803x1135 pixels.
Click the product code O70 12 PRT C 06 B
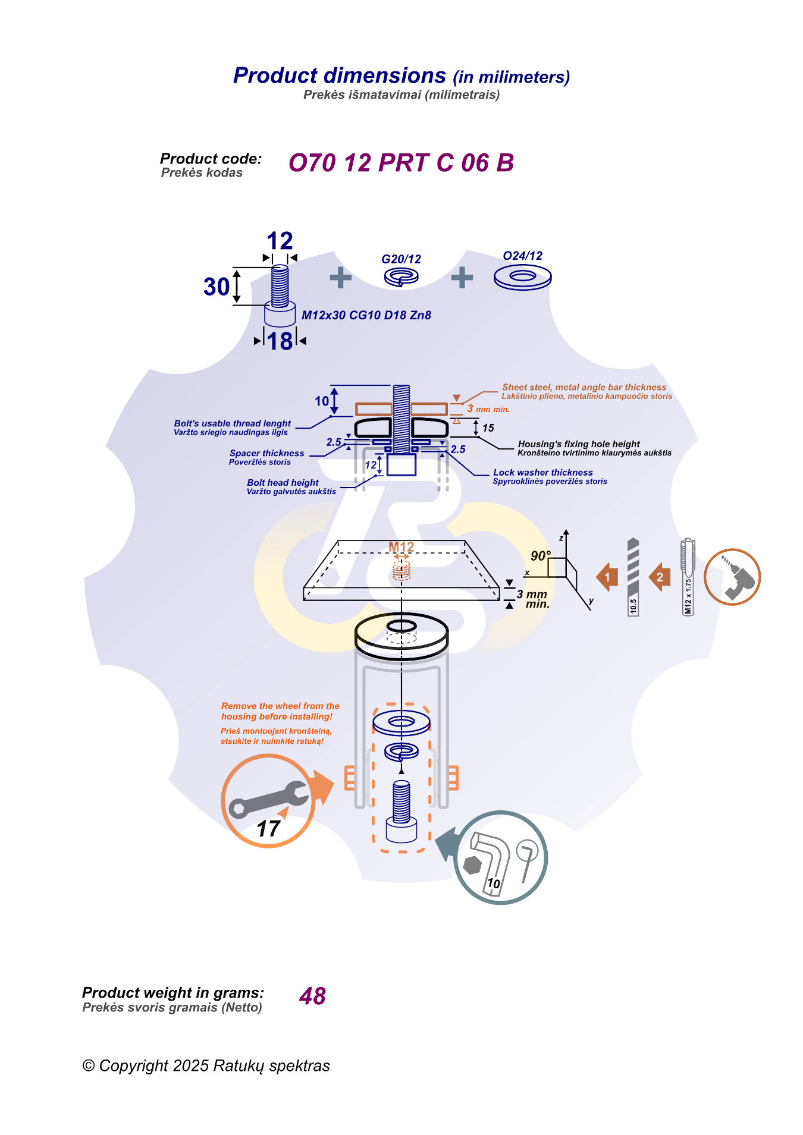401,163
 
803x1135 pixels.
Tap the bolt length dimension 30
217,287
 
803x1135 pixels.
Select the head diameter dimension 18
280,341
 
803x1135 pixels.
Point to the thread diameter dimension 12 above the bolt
280,241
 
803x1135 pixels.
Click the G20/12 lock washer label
401,259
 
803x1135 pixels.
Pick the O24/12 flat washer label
522,256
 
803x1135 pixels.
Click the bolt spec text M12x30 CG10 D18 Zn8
366,315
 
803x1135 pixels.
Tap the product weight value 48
312,996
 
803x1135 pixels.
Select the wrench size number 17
268,828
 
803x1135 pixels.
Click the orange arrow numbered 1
607,577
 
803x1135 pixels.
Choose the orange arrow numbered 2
660,577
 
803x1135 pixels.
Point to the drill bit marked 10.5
633,577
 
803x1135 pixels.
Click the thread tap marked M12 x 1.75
688,577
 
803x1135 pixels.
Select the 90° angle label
540,556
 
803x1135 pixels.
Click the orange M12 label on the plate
401,547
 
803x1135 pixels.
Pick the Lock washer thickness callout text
542,473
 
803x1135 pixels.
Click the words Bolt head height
283,483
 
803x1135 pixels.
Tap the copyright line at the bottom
206,1065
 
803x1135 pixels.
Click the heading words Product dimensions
339,76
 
